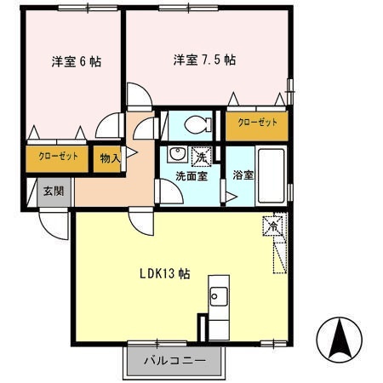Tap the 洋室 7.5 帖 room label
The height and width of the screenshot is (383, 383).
[204, 60]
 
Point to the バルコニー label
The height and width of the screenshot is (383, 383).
[174, 361]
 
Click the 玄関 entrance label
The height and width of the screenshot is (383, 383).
[54, 191]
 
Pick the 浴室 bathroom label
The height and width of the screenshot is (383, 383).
[243, 175]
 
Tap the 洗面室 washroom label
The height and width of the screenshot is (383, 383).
[190, 176]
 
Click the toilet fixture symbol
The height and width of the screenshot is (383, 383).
[197, 123]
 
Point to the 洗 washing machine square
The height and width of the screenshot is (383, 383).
[202, 156]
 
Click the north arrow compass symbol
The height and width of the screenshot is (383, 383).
[338, 338]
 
